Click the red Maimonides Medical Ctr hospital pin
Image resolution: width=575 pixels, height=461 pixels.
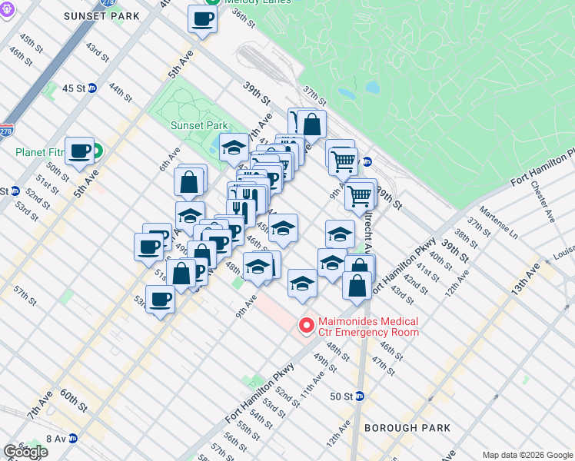coord(307,327)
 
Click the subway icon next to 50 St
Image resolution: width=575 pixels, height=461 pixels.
coord(360,396)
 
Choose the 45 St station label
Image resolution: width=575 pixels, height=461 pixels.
coord(74,88)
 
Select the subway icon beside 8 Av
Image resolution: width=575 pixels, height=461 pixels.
coord(73,439)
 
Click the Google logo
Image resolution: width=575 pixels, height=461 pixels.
coord(25,452)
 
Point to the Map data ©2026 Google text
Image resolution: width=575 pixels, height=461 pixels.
coord(527,455)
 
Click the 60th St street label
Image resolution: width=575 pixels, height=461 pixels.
coord(74,400)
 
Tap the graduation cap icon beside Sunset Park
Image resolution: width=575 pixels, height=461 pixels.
coord(234,148)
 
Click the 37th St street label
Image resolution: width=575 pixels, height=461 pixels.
coord(314,96)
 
